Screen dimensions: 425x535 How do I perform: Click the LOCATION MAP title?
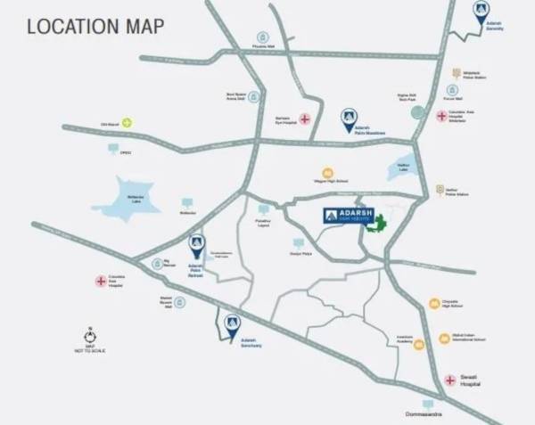(95, 25)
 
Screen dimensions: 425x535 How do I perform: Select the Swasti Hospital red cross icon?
(450, 380)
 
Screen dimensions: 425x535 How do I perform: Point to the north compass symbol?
(90, 337)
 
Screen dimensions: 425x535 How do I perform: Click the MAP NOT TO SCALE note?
(90, 349)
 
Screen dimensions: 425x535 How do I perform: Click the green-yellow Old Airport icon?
(128, 123)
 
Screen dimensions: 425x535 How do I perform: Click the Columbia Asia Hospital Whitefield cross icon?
(441, 116)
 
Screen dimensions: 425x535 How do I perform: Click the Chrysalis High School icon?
(433, 304)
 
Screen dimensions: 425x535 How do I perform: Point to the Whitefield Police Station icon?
(457, 73)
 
